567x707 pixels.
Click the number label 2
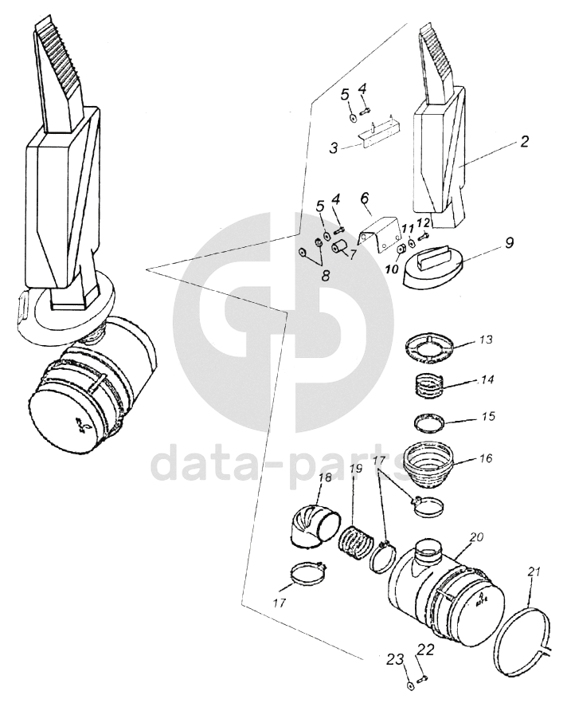(525, 143)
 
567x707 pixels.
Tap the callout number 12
(423, 222)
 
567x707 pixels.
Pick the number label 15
(488, 416)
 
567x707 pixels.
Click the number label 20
(477, 539)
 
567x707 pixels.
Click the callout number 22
(426, 650)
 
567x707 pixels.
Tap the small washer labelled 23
(409, 684)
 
